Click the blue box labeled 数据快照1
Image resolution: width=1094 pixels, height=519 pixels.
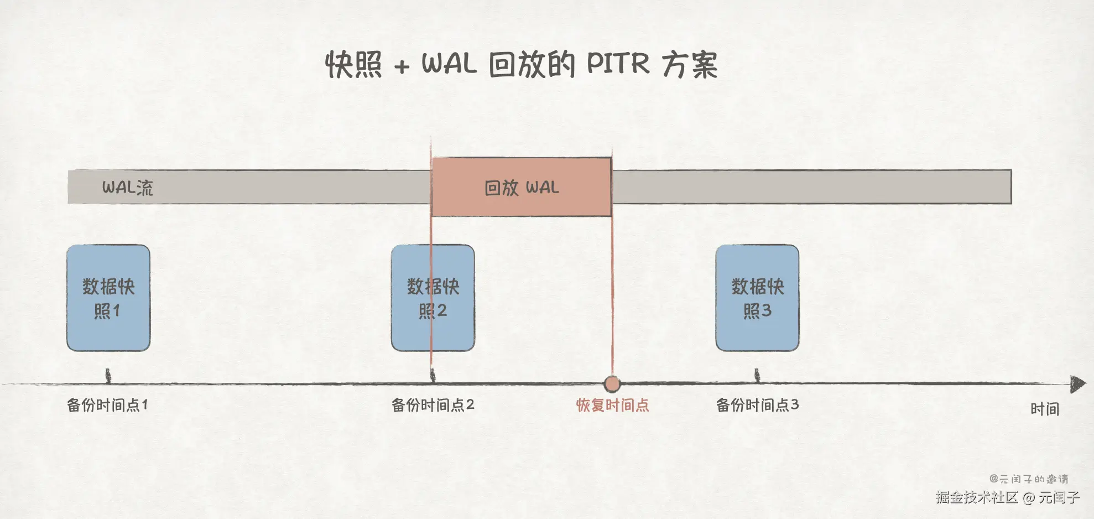click(x=108, y=298)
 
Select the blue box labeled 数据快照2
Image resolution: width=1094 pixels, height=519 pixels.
click(x=433, y=298)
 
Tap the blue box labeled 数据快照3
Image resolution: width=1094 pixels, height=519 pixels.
click(x=757, y=298)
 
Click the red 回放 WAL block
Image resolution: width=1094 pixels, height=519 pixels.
click(x=522, y=187)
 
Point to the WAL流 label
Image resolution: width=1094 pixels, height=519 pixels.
click(x=127, y=188)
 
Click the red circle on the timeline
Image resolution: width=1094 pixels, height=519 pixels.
click(x=612, y=383)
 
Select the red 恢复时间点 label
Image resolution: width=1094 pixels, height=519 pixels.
click(x=612, y=405)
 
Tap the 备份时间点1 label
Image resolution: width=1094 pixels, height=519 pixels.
click(x=107, y=405)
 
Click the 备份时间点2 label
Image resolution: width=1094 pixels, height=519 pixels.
click(x=433, y=405)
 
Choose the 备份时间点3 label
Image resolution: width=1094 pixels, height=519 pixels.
click(x=757, y=405)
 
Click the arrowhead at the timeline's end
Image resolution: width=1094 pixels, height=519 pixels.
click(x=1078, y=383)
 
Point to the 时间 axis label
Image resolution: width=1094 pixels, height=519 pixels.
click(x=1045, y=409)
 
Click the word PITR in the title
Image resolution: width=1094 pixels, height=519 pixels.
click(x=618, y=64)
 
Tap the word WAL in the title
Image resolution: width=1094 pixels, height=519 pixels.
click(x=449, y=64)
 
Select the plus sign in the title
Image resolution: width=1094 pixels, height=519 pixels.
click(x=402, y=66)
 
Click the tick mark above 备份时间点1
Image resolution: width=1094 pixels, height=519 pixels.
click(x=108, y=376)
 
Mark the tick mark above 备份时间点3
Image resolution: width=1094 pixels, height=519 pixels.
click(x=757, y=376)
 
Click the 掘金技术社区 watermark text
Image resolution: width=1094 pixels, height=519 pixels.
click(x=977, y=497)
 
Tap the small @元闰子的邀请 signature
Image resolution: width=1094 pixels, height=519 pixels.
click(x=1029, y=479)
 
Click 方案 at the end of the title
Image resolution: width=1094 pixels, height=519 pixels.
click(x=690, y=65)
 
